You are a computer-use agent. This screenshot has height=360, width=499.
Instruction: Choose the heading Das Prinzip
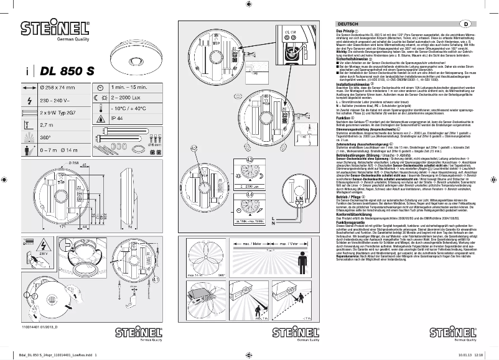tap(346, 30)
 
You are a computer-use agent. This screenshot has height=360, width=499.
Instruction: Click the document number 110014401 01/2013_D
tap(39, 326)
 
